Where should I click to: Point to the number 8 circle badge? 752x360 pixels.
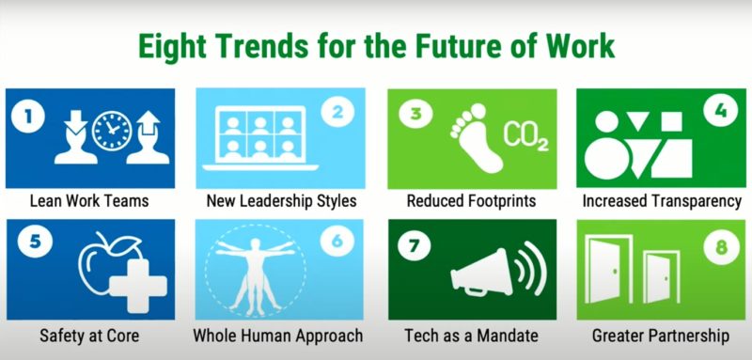[721, 247]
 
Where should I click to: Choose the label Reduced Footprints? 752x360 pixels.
[471, 201]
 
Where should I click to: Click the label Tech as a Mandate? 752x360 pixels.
[470, 335]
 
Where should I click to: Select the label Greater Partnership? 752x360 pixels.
[660, 335]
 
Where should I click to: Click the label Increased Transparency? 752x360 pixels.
[662, 201]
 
